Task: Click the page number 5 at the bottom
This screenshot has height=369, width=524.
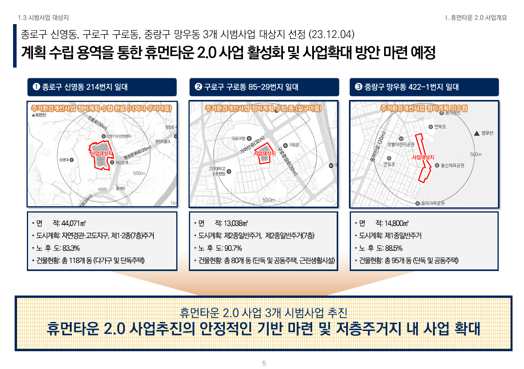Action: [264, 363]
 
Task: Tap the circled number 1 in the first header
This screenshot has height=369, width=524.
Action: [36, 87]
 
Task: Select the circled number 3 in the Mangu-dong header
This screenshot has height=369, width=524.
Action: [358, 87]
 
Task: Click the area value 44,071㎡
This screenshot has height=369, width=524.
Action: [74, 224]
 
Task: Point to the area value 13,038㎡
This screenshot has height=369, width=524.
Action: [236, 224]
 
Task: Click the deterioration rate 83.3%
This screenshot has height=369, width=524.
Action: [71, 249]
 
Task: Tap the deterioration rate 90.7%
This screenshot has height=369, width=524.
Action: [233, 249]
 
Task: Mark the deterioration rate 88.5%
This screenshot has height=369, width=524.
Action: [394, 249]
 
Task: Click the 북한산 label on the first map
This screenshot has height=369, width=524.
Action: [40, 115]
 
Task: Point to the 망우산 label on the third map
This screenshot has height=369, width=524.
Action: [487, 133]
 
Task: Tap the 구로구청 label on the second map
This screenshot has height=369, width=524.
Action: [239, 139]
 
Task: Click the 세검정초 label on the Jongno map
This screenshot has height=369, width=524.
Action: [122, 162]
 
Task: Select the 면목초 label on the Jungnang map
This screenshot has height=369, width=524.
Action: [440, 127]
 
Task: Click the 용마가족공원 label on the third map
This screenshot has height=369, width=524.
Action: [432, 203]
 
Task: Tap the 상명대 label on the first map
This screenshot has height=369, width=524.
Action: [64, 160]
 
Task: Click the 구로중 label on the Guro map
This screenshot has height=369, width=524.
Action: [294, 145]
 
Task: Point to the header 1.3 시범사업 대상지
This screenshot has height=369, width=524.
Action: [43, 18]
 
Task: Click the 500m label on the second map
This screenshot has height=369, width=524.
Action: [269, 200]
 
